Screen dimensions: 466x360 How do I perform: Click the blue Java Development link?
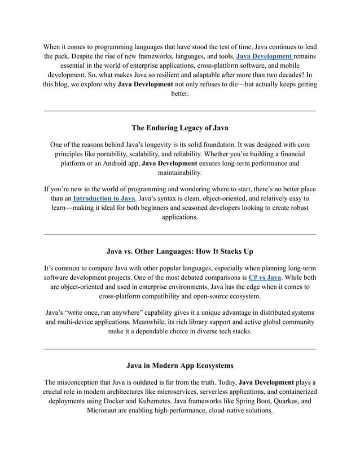click(x=264, y=56)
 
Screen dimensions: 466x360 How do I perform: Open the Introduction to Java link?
click(x=104, y=199)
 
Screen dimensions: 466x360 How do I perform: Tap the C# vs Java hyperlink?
click(x=265, y=278)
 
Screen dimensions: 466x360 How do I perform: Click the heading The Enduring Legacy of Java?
click(x=179, y=128)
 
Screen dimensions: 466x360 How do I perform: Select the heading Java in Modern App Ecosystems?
click(x=179, y=365)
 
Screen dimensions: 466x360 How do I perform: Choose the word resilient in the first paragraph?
click(x=161, y=75)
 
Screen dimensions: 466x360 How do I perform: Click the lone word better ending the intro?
click(x=179, y=94)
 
